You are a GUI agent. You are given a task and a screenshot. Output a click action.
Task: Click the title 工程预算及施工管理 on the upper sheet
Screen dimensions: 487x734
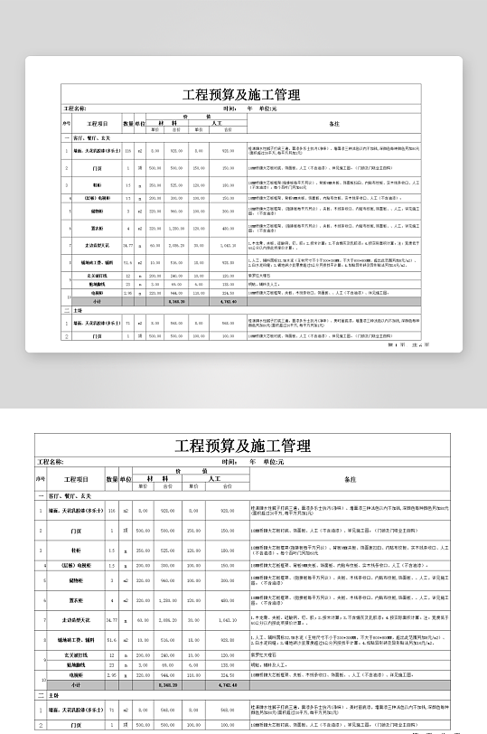(240, 94)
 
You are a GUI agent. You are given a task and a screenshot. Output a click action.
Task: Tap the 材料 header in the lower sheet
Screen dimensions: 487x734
(165, 478)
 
